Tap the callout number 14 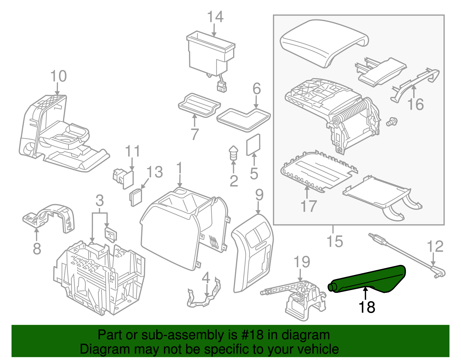[x=215, y=17]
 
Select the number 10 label [x=58, y=76]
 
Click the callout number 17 [x=308, y=206]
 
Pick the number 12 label [x=435, y=246]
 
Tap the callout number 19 [x=301, y=262]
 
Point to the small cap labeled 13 [x=136, y=197]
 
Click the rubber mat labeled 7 [x=199, y=105]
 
